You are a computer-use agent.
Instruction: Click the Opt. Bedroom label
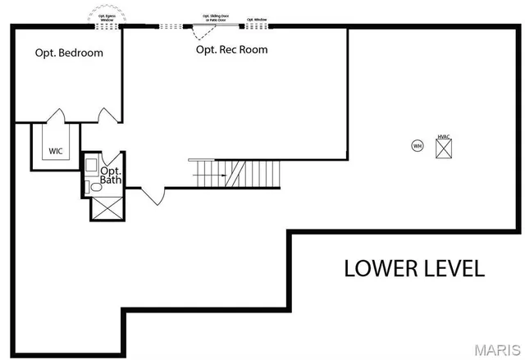pyautogui.click(x=69, y=52)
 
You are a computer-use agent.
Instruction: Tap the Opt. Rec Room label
pyautogui.click(x=231, y=49)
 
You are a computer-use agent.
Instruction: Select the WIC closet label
pyautogui.click(x=56, y=151)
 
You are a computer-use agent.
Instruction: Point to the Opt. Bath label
pyautogui.click(x=110, y=175)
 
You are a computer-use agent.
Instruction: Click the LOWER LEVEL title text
pyautogui.click(x=414, y=268)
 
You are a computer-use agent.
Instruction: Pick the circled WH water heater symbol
pyautogui.click(x=417, y=146)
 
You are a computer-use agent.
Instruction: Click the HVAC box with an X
pyautogui.click(x=445, y=148)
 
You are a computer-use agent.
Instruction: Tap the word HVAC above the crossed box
pyautogui.click(x=444, y=135)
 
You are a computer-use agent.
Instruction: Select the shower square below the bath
pyautogui.click(x=106, y=207)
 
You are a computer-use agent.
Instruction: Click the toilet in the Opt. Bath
pyautogui.click(x=95, y=188)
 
